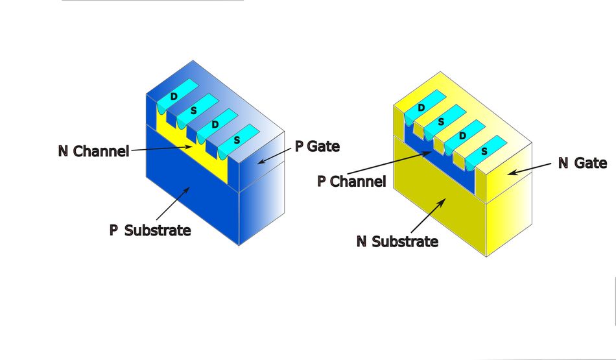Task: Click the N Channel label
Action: pos(93,152)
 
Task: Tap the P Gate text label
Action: pos(317,146)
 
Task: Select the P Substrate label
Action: pos(150,230)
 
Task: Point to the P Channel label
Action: pos(351,181)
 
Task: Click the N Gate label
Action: pos(582,163)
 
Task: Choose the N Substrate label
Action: pos(397,241)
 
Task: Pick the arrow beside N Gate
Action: pos(528,169)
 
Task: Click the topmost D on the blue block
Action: pos(173,97)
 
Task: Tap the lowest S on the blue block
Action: pos(236,140)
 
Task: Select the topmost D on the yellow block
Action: pos(421,107)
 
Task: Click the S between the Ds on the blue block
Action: pos(193,112)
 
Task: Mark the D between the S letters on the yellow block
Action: pos(462,136)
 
